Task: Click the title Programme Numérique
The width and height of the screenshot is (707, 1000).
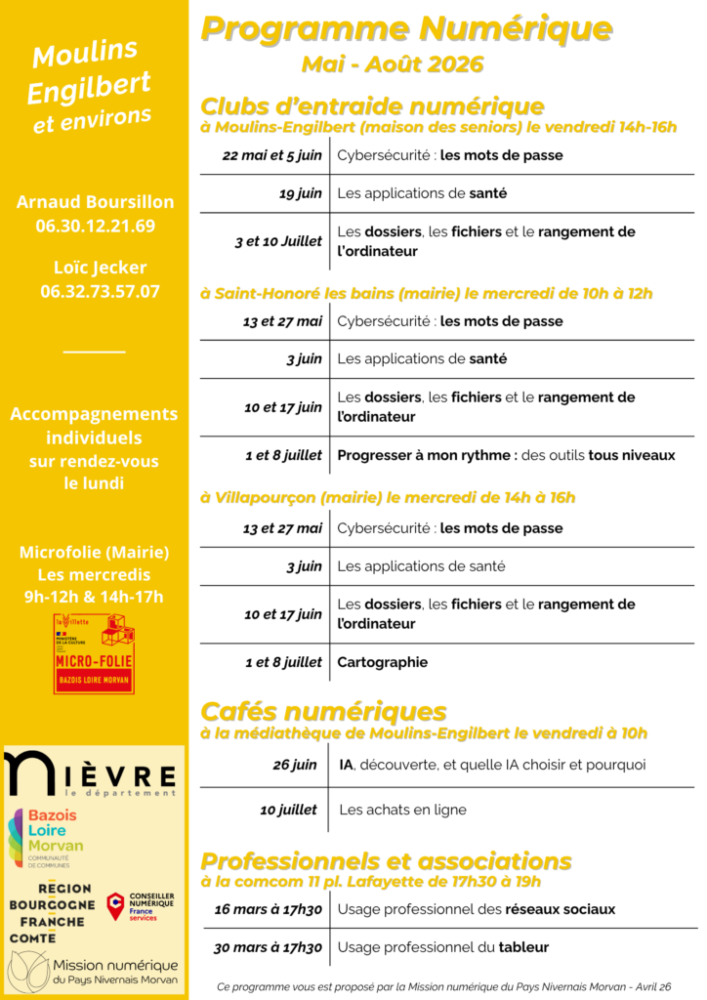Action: tap(406, 29)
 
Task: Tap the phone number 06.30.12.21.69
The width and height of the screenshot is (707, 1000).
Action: tap(96, 227)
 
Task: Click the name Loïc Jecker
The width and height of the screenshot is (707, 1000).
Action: tap(96, 268)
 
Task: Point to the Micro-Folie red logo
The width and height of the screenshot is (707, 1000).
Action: tap(95, 653)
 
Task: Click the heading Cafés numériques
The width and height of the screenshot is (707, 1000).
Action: tap(323, 711)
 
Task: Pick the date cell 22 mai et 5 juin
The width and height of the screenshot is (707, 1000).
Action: tap(271, 155)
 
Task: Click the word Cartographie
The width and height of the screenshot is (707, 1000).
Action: tap(383, 662)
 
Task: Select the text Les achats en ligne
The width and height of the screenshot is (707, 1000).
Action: tap(402, 810)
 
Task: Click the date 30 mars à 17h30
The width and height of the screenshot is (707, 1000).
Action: tap(269, 947)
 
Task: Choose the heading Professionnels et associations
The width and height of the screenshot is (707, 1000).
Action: tap(386, 861)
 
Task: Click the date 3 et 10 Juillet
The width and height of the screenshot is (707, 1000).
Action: tap(277, 241)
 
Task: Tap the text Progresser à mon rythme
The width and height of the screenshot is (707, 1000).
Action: tap(426, 455)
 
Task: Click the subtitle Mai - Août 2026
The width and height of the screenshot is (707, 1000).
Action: tap(393, 65)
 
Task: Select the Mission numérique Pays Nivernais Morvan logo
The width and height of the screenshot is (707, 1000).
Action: tap(94, 970)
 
